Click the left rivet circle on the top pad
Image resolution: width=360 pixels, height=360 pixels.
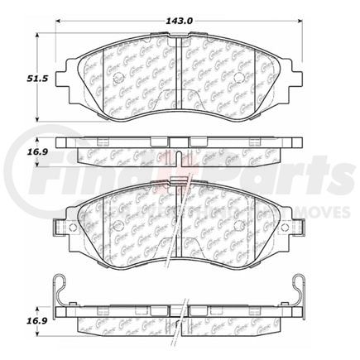click(x=121, y=80)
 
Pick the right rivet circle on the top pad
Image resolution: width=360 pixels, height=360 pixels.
click(x=238, y=80)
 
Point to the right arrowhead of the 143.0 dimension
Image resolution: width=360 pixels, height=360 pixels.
click(x=299, y=23)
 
